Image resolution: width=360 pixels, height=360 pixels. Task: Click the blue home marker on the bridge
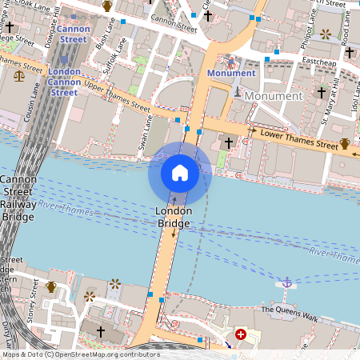coord(180,173)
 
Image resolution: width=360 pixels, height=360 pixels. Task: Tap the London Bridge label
coord(174,216)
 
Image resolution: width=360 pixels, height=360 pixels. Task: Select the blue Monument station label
coord(230,74)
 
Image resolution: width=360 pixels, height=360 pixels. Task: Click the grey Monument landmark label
coord(274,96)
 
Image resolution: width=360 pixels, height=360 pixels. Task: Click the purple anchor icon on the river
coord(286,282)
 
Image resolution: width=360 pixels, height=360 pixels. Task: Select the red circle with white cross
coord(240,334)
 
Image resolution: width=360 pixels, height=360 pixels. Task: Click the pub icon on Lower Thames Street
coord(345,144)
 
